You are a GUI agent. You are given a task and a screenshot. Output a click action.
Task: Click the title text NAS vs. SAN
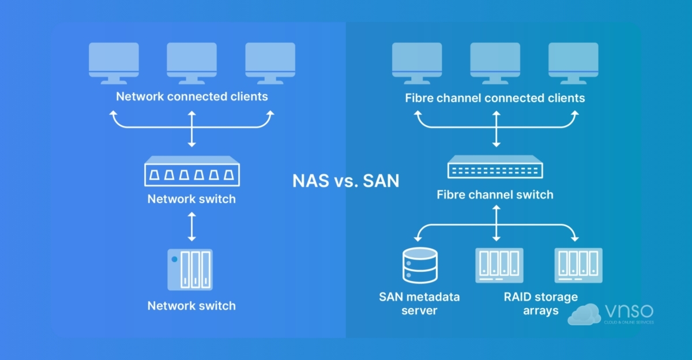[x=345, y=181]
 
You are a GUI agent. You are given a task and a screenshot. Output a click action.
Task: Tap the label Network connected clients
[x=192, y=96]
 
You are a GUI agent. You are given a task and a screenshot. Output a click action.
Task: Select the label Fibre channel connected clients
[x=495, y=98]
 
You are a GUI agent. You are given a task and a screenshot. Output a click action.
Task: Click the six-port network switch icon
[x=191, y=171]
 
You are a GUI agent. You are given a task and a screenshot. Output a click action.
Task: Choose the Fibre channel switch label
[x=495, y=194]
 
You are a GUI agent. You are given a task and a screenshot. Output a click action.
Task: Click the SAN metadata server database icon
[x=419, y=265]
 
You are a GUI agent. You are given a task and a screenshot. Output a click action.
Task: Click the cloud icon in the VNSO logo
[x=584, y=314]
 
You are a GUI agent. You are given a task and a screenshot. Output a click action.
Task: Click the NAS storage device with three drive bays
[x=190, y=269]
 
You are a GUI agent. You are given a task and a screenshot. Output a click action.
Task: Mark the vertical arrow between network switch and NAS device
[x=192, y=227]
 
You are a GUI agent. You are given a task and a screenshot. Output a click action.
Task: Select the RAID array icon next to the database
[x=499, y=265]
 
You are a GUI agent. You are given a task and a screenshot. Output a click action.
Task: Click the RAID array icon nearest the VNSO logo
[x=578, y=265]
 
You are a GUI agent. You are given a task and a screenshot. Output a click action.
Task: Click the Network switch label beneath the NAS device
[x=191, y=306]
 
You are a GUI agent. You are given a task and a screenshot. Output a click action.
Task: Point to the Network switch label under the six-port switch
[x=191, y=200]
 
